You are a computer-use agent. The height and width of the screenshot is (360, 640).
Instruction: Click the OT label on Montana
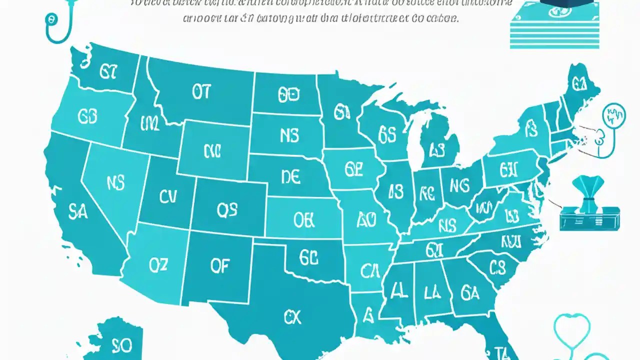point(201,91)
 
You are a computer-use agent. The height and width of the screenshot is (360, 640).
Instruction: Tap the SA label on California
point(77,212)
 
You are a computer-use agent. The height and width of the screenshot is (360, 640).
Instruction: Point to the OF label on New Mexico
point(219,266)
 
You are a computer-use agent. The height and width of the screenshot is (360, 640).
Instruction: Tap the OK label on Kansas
point(304,220)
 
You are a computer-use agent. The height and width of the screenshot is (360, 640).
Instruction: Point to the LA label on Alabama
point(432,291)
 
